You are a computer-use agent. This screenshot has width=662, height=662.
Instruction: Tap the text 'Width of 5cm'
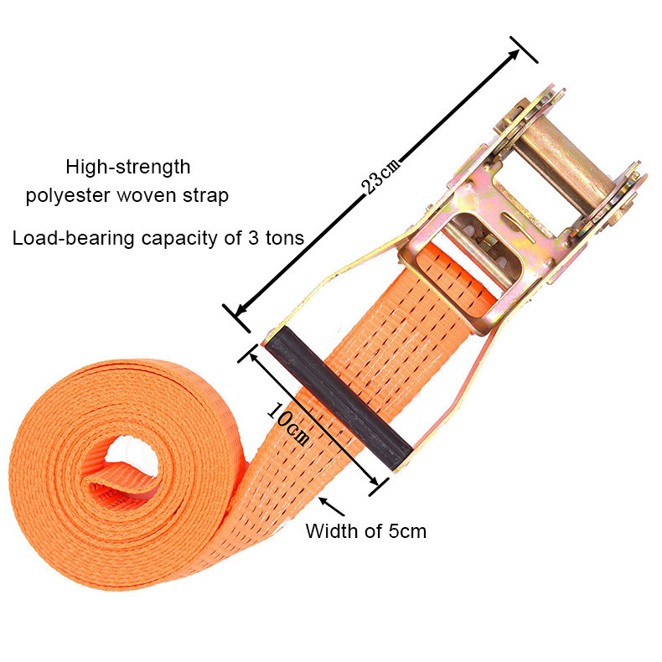point(365,530)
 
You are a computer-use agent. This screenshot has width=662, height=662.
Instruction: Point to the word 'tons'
point(284,238)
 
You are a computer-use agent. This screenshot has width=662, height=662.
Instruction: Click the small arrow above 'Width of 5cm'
point(332,506)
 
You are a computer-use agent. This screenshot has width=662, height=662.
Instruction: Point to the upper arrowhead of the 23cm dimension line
point(516,53)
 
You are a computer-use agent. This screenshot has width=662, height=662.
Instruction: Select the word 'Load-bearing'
point(62,238)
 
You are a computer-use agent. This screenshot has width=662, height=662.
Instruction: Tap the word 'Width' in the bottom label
point(327,530)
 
